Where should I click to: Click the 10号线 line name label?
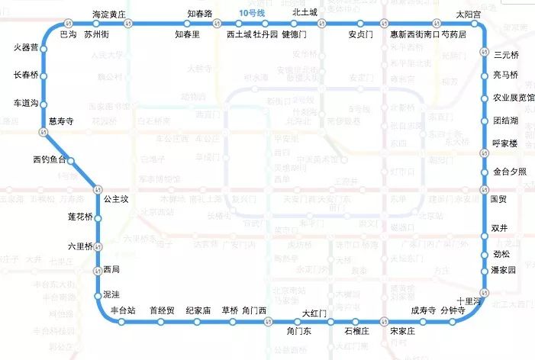(251, 14)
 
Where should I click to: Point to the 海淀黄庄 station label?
(108, 14)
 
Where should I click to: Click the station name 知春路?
(200, 14)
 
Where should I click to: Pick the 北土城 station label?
(304, 14)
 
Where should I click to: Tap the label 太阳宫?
(469, 14)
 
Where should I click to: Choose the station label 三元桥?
(507, 55)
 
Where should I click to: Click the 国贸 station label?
(498, 199)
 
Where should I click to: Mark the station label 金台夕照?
(510, 172)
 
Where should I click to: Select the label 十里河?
(467, 301)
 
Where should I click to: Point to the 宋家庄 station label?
(401, 332)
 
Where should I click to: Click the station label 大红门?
(314, 313)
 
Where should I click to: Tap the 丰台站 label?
(122, 310)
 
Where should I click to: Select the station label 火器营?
(26, 48)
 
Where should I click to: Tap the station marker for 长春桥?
(44, 76)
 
